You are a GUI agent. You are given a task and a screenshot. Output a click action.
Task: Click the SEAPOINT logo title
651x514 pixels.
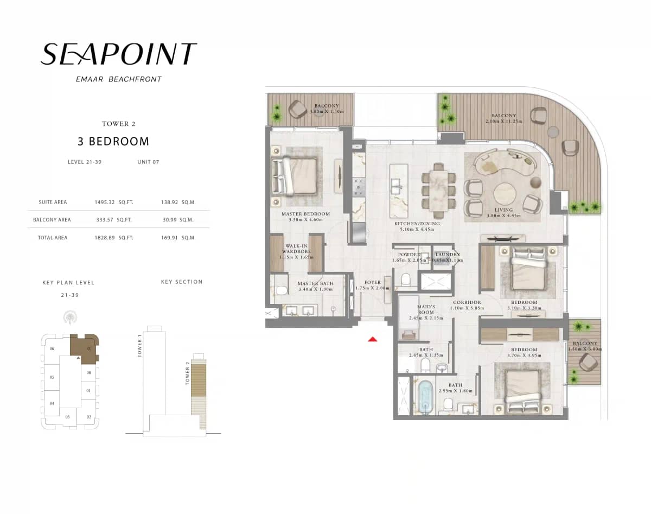point(118,54)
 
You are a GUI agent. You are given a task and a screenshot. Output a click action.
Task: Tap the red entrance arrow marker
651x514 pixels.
point(373,339)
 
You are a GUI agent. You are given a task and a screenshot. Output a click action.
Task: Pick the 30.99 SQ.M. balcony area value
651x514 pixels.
point(178,220)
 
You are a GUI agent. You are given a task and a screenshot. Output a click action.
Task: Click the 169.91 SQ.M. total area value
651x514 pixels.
point(178,238)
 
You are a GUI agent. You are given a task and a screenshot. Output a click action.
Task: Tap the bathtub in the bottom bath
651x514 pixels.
point(425,397)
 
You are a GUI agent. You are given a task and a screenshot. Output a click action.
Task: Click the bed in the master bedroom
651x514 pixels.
point(295,176)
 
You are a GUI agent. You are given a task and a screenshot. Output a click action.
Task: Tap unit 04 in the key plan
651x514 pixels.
point(52,403)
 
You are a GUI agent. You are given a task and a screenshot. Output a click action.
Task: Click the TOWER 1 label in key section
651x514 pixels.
point(139,345)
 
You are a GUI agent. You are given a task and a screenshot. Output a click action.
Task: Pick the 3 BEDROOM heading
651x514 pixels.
point(113,142)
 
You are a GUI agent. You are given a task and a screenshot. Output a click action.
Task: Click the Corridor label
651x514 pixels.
point(467,302)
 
